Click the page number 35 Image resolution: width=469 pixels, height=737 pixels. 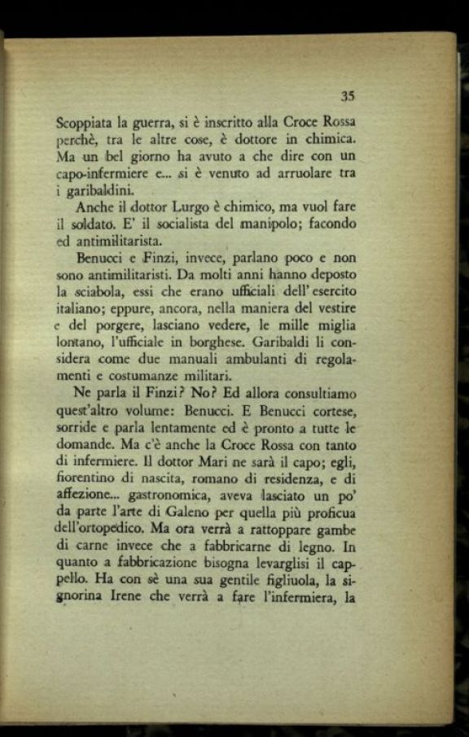coord(348,96)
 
